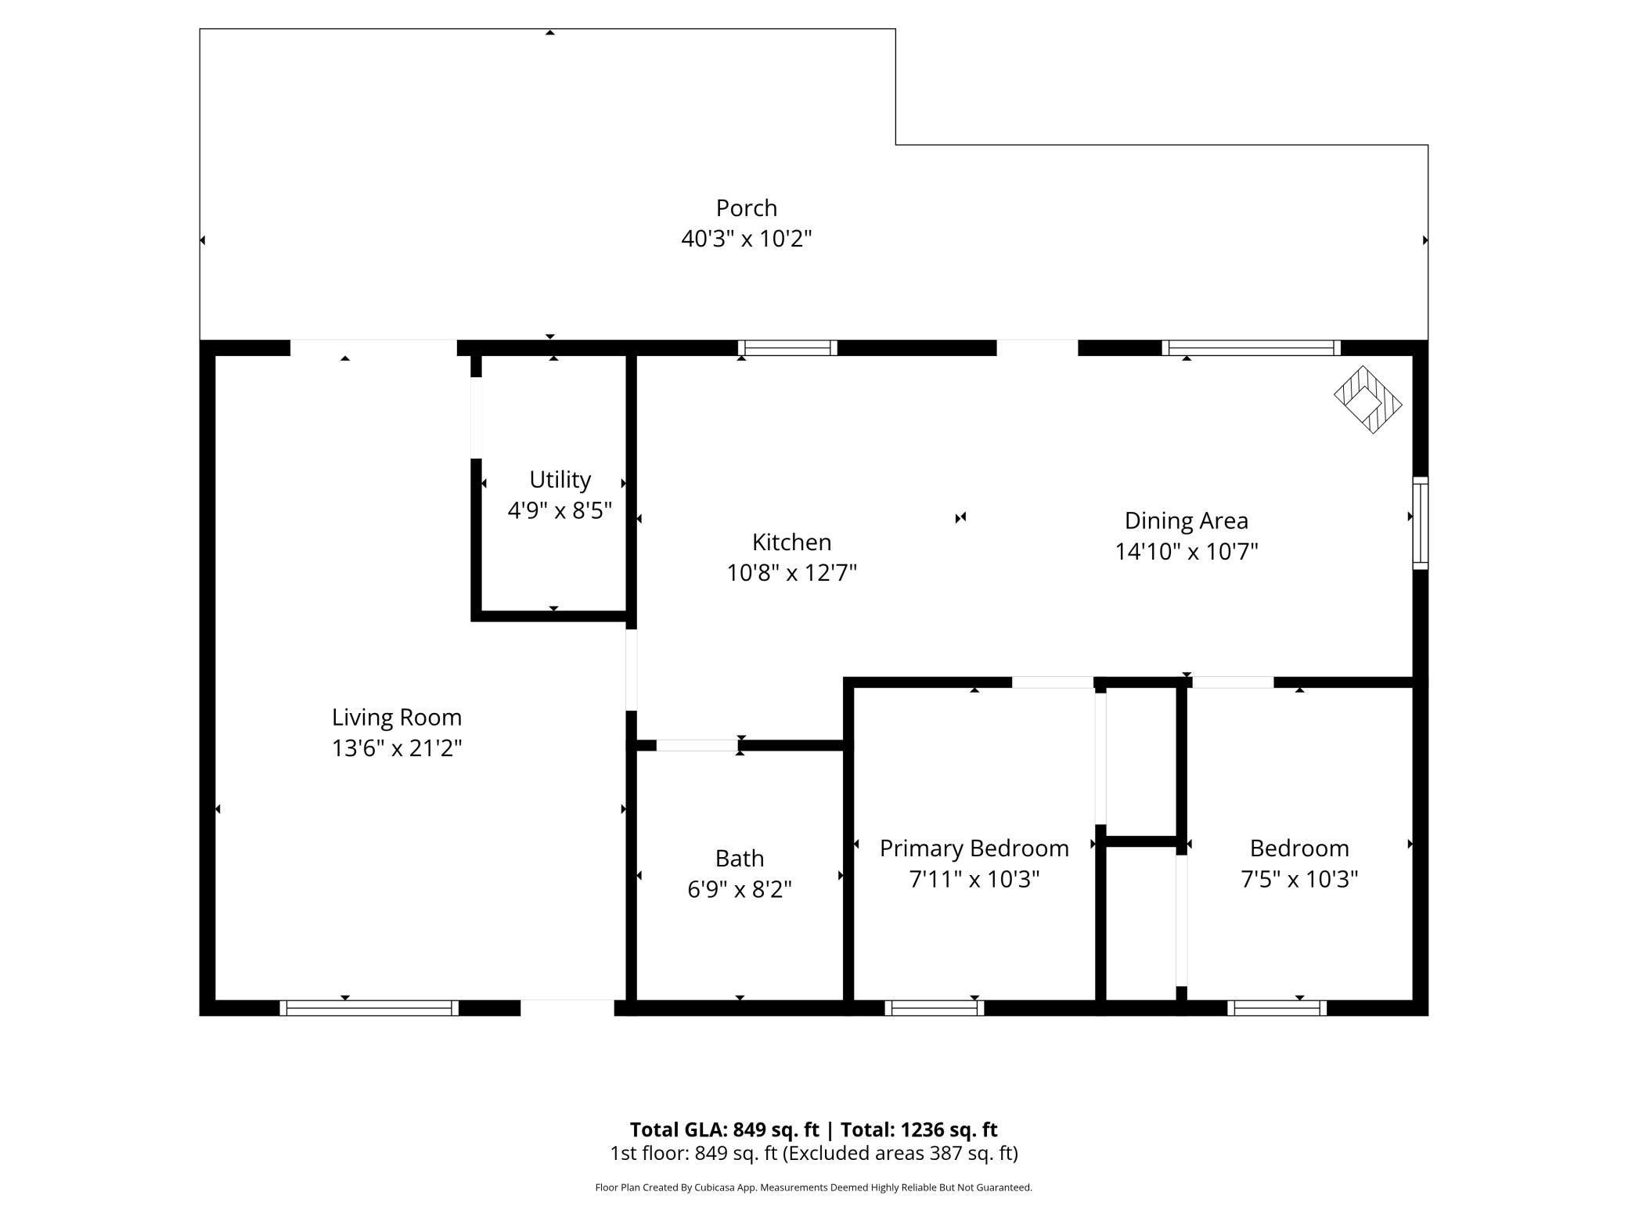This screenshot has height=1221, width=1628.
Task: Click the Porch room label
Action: click(x=746, y=208)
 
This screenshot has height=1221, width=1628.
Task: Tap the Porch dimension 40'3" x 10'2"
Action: click(x=746, y=239)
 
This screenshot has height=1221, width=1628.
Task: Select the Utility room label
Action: click(x=560, y=480)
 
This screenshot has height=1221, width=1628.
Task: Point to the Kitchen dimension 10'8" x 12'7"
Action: click(x=791, y=574)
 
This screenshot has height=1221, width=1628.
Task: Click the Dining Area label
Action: click(x=1186, y=521)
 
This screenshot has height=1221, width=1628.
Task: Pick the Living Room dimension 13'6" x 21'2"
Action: click(x=397, y=749)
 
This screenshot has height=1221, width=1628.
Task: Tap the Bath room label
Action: click(x=739, y=859)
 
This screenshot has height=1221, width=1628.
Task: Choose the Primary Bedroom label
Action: click(x=974, y=848)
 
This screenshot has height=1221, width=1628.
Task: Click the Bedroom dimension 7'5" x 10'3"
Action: click(x=1298, y=880)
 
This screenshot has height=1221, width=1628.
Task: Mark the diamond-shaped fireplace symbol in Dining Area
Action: click(x=1367, y=400)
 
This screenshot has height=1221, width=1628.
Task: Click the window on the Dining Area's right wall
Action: click(x=1420, y=523)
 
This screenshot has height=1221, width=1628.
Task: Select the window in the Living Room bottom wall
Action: click(x=369, y=1008)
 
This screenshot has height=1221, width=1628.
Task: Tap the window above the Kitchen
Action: click(x=787, y=348)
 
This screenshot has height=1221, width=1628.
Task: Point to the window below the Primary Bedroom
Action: click(x=935, y=1008)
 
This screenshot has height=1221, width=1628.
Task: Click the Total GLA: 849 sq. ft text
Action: click(x=724, y=1130)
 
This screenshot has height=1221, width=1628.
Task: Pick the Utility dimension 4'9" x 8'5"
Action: click(x=560, y=511)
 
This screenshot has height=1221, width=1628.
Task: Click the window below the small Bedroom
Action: click(x=1277, y=1008)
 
